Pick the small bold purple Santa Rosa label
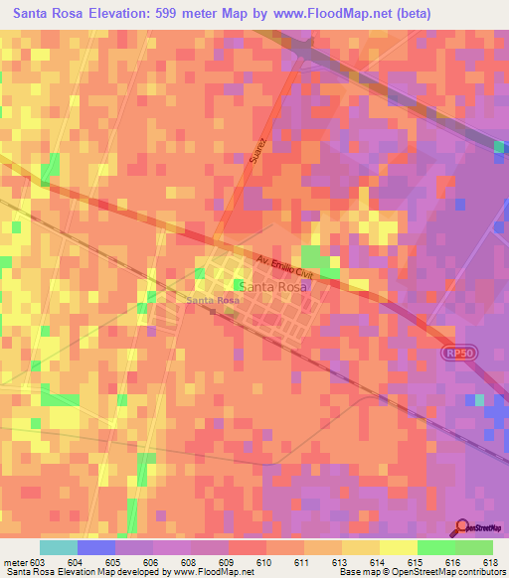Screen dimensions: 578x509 coord(212,300)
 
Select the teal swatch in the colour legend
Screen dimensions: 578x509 coord(59,547)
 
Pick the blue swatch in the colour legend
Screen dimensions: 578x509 coord(96,547)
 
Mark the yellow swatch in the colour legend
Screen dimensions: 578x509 coord(399,547)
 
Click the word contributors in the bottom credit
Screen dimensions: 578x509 coord(479,572)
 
